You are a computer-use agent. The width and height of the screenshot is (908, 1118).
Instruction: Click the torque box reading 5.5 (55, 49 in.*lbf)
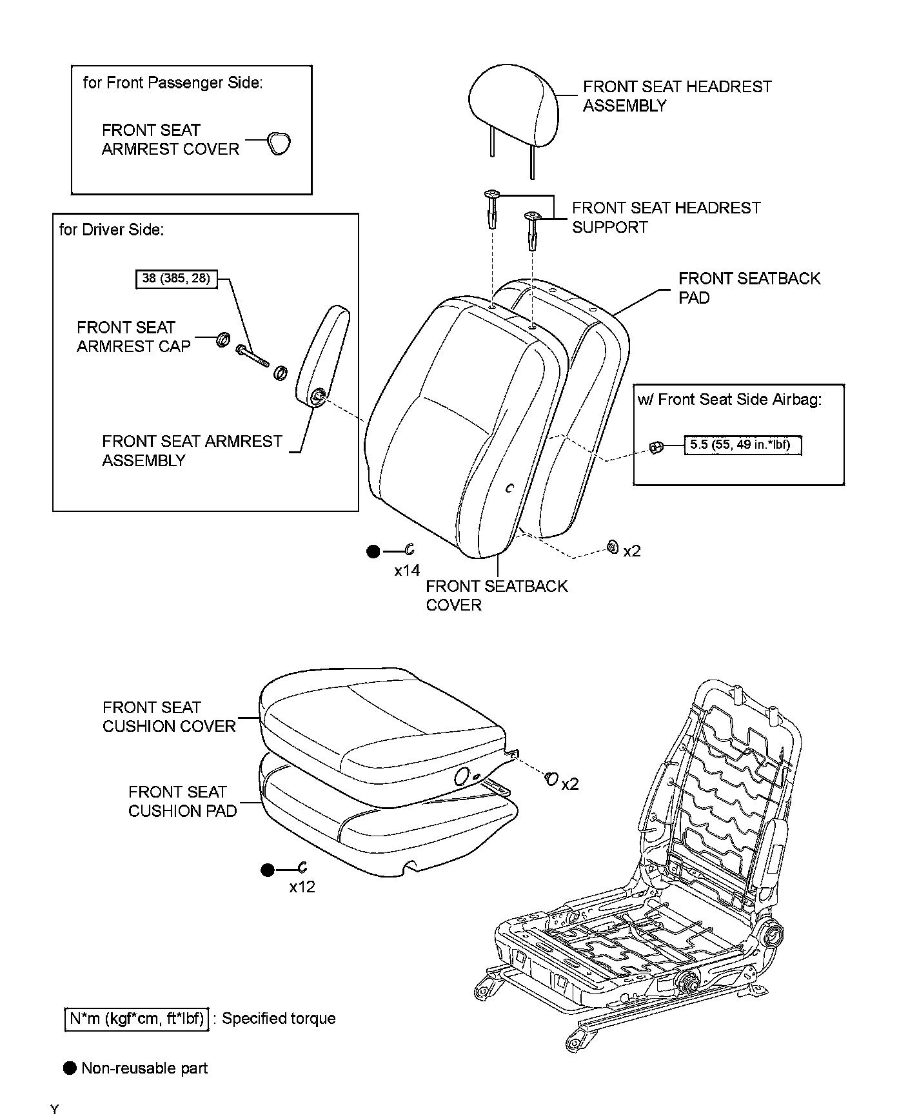click(742, 445)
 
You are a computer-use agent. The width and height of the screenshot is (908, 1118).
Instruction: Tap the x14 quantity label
click(407, 571)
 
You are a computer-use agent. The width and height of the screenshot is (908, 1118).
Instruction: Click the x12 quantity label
click(302, 887)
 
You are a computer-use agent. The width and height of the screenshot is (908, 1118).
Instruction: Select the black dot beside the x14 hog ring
click(373, 551)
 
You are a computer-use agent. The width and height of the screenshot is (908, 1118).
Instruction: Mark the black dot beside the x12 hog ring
click(268, 870)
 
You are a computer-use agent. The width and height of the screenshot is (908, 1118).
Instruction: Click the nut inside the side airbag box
click(655, 446)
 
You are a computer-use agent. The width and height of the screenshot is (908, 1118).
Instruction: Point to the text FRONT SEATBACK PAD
click(749, 288)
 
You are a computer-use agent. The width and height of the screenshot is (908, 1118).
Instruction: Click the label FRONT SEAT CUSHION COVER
click(169, 717)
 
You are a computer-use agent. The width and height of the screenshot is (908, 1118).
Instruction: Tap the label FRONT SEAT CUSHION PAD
click(182, 801)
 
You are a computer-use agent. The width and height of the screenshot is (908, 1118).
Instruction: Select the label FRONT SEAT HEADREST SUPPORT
click(666, 217)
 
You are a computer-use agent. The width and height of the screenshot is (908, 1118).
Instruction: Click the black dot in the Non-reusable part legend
click(70, 1068)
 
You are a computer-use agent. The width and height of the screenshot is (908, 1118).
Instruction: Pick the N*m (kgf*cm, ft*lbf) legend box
click(137, 1019)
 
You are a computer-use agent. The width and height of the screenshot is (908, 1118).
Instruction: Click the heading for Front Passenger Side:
click(173, 83)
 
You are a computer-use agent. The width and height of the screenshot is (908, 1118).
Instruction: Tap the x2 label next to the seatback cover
click(632, 551)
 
